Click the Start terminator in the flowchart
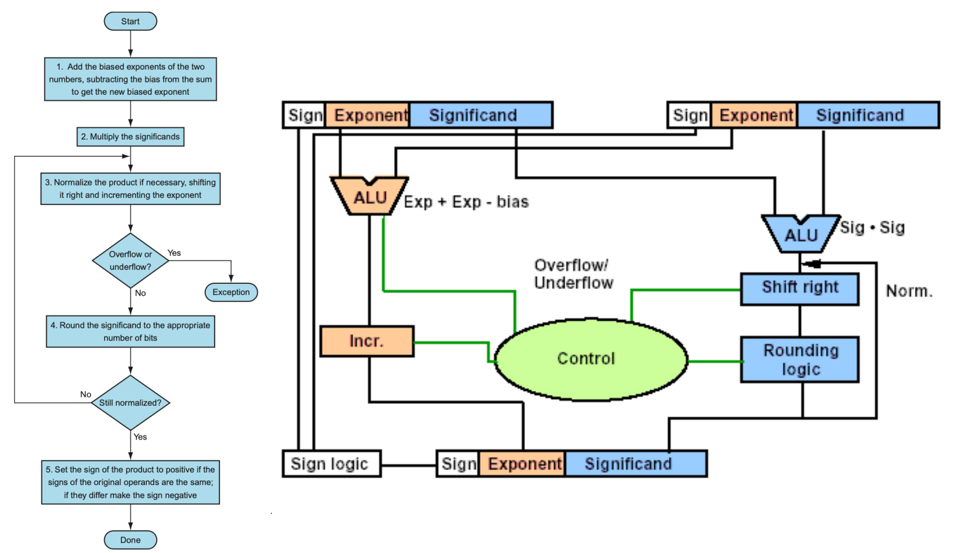point(130,21)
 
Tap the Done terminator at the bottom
point(130,540)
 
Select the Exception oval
point(231,292)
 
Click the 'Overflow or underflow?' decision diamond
point(130,260)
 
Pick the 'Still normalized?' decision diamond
point(130,403)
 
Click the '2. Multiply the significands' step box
point(130,136)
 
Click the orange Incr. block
point(367,341)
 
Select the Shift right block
point(799,288)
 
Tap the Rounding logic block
point(799,359)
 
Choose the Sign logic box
point(331,463)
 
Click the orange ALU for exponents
point(369,197)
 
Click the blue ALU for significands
point(800,234)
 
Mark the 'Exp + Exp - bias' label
point(466,202)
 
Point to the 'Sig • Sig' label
point(872,228)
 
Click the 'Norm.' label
point(909,291)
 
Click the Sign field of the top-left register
point(304,115)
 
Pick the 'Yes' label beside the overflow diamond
point(174,253)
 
